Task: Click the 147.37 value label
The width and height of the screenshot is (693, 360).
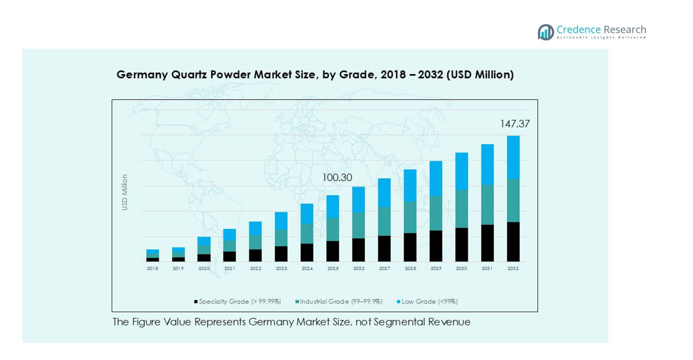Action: [515, 124]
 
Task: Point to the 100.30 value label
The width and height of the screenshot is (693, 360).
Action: [337, 178]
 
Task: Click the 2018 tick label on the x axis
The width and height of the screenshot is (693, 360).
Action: [152, 269]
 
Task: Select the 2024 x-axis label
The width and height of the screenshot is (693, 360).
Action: [307, 269]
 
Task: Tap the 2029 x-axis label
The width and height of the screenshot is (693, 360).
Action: [436, 269]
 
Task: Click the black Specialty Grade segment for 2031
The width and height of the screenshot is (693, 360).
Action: [488, 243]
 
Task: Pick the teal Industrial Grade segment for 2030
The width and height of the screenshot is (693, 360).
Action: [462, 209]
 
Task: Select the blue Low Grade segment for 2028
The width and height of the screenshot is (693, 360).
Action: [410, 185]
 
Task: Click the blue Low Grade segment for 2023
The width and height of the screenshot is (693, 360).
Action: [281, 220]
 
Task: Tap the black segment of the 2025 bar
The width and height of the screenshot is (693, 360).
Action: [333, 251]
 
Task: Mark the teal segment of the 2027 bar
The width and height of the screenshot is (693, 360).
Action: [384, 221]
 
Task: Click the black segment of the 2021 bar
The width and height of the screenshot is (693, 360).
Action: [230, 256]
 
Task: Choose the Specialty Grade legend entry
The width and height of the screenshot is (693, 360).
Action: [238, 301]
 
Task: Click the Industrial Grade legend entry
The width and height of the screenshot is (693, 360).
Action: [339, 301]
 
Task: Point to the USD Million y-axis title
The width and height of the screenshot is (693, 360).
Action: [125, 192]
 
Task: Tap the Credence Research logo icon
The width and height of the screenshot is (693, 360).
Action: [545, 32]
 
